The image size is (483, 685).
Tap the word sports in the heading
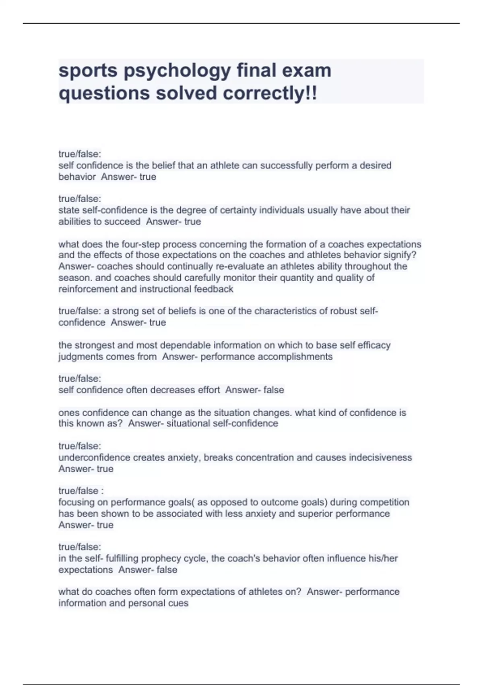pyautogui.click(x=88, y=71)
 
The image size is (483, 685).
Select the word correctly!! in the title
pyautogui.click(x=270, y=93)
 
